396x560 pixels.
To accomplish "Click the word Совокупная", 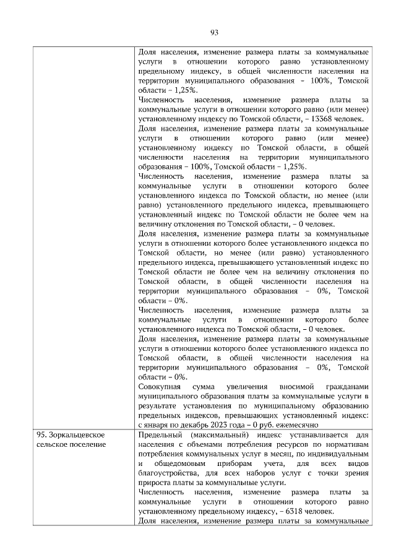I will (161, 386).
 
